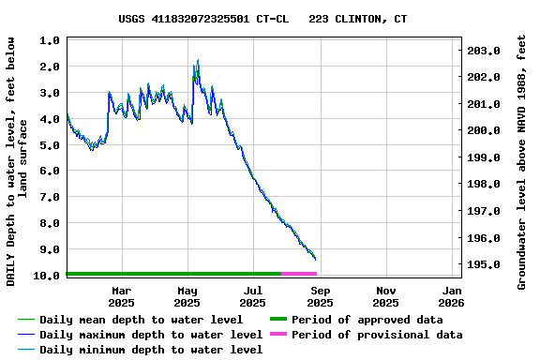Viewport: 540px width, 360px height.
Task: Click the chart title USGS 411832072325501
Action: click(262, 19)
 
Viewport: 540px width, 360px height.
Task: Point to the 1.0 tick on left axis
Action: click(51, 41)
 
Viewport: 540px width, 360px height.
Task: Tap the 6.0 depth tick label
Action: click(51, 172)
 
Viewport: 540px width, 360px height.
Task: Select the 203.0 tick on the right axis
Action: click(484, 51)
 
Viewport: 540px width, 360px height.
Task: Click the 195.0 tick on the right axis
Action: click(484, 265)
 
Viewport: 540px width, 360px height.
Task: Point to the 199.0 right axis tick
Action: click(484, 157)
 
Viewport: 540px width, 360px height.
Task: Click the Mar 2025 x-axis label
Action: click(121, 296)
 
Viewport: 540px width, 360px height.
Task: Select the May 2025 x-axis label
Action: click(187, 296)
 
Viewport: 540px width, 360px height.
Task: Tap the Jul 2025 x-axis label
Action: click(253, 296)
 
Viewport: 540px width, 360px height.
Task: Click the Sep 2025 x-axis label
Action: click(320, 296)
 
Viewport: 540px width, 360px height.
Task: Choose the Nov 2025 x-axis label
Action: click(385, 296)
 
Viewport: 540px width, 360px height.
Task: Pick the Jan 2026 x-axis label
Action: click(451, 296)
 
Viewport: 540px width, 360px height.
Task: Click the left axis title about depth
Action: click(18, 161)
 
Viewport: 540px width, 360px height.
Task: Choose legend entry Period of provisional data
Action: click(376, 335)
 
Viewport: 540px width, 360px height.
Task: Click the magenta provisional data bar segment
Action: click(298, 274)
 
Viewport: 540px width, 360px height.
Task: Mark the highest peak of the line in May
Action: click(197, 61)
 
